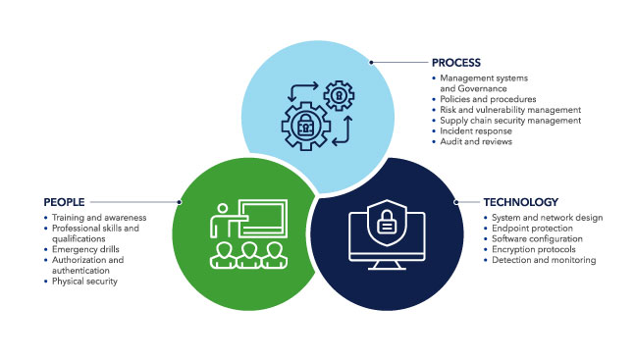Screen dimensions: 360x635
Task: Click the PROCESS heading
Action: click(457, 62)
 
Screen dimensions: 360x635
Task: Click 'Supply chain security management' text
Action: click(510, 121)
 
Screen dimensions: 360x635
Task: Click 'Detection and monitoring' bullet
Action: click(543, 260)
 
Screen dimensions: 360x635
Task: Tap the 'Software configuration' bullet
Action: click(538, 238)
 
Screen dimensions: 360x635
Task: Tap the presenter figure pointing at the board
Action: click(223, 220)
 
